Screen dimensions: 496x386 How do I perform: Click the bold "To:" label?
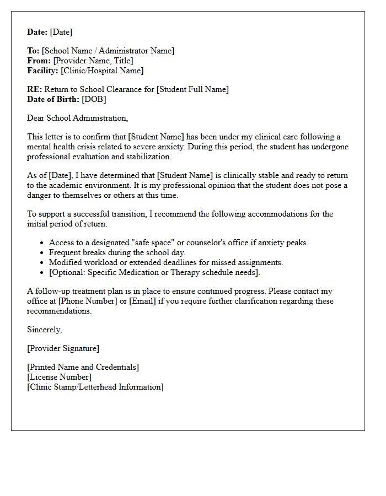[x=33, y=51]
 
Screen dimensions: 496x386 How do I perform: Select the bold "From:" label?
[x=39, y=61]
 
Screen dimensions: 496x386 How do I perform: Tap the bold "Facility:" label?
[x=42, y=71]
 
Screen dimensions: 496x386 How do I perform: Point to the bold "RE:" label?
[x=34, y=89]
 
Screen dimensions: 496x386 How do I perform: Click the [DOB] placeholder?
[x=94, y=99]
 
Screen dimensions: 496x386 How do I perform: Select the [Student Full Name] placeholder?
[x=192, y=89]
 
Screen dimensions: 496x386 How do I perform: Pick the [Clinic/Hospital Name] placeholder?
[x=102, y=71]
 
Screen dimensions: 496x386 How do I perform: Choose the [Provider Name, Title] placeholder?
[x=93, y=61]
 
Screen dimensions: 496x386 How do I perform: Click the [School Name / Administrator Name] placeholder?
[x=108, y=51]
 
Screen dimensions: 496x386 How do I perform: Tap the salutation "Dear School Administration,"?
[x=77, y=118]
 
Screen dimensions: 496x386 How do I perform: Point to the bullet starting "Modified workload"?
[x=165, y=262]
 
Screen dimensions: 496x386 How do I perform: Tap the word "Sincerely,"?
[x=45, y=330]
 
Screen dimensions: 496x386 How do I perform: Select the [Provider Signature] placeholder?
[x=63, y=348]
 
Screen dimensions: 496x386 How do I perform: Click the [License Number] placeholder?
[x=59, y=377]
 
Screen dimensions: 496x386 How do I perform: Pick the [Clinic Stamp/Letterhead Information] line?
[x=95, y=387]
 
